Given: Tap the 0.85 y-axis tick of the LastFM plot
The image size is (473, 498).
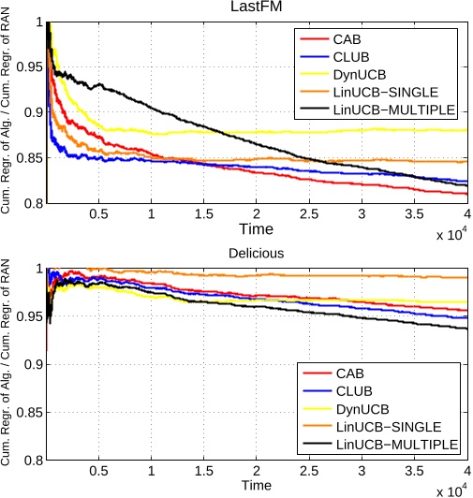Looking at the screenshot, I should [x=28, y=157].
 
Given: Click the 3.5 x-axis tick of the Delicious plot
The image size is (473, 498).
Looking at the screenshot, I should [x=415, y=471].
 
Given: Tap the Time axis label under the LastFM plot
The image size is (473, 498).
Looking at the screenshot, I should [x=256, y=228].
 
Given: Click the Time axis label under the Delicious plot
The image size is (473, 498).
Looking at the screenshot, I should [x=256, y=485].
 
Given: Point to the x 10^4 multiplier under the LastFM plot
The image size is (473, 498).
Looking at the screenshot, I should [x=451, y=235].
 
